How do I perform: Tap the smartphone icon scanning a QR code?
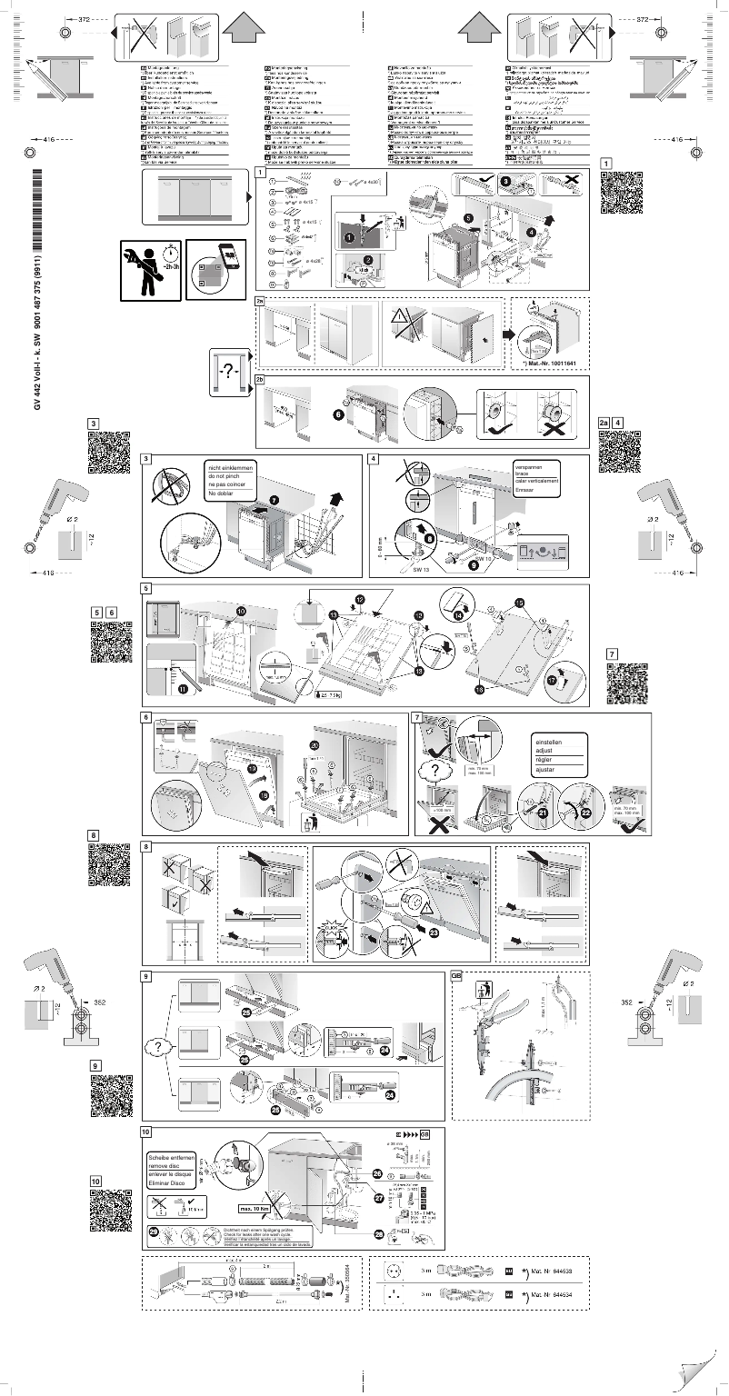click(216, 268)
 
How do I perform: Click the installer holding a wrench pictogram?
click(150, 268)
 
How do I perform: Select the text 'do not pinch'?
click(227, 476)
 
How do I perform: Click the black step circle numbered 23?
click(433, 932)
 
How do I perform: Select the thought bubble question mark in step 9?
click(158, 1048)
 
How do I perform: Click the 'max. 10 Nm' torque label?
click(257, 1208)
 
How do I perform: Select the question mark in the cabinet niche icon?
click(233, 372)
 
